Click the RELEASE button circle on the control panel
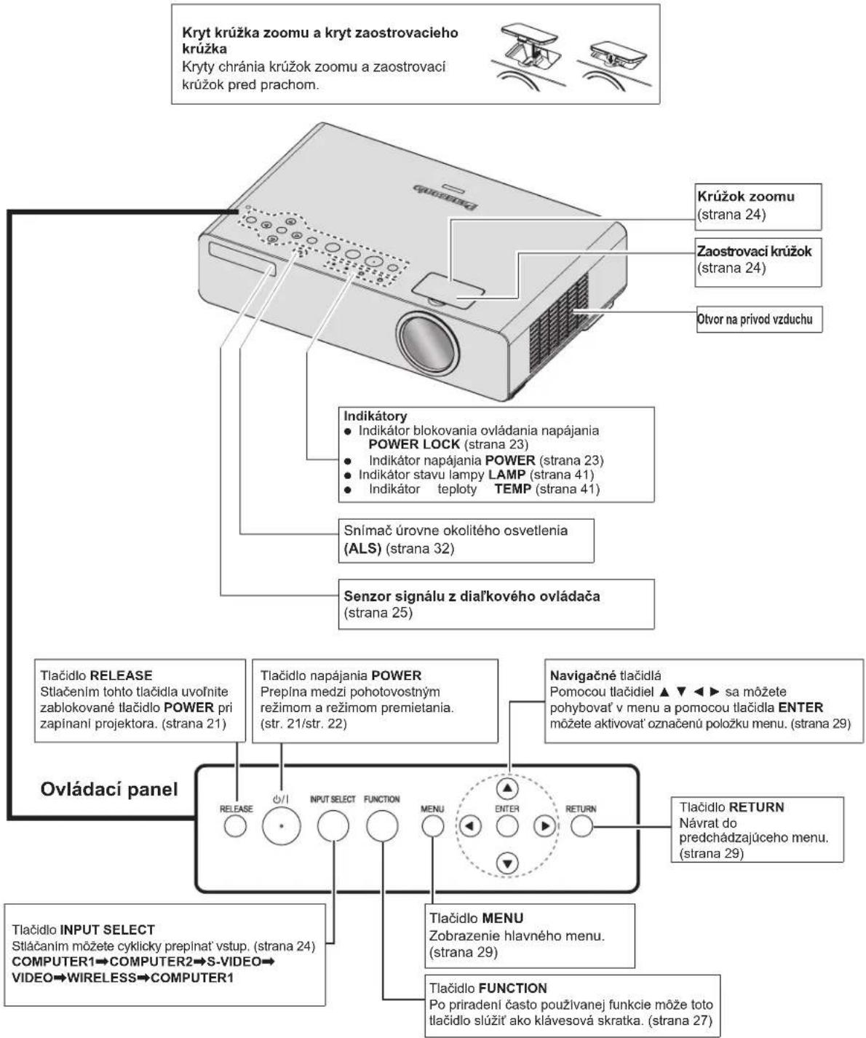[235, 826]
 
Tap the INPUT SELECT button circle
[333, 825]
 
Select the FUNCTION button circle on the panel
[382, 825]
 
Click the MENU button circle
[432, 826]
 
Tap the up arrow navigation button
[507, 788]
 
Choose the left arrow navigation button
[470, 826]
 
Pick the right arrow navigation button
[544, 826]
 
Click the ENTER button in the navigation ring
[507, 826]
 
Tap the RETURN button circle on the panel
[581, 826]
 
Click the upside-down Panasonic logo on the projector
[445, 197]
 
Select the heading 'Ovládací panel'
[109, 789]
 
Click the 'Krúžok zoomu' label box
[758, 207]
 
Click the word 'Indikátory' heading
[376, 416]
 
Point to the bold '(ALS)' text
[362, 548]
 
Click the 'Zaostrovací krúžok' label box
[758, 261]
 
